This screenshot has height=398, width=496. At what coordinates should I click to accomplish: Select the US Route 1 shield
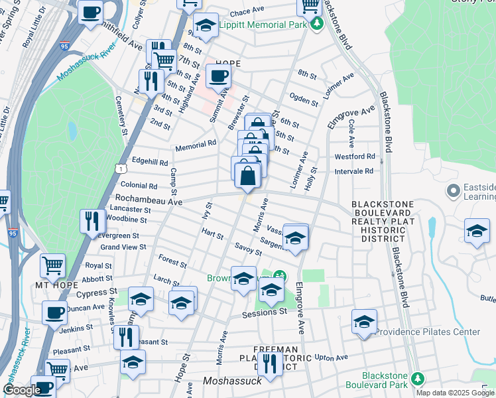point(119,169)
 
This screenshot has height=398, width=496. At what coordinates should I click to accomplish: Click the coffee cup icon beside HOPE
point(218,77)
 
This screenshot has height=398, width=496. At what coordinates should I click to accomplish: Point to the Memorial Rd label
point(196,143)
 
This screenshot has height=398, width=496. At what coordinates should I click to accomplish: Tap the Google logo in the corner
point(22,390)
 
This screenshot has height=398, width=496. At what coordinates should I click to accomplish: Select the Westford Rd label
point(355,157)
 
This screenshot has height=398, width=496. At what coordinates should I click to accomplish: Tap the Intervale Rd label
point(355,170)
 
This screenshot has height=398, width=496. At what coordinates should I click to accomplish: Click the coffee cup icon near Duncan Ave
point(54,312)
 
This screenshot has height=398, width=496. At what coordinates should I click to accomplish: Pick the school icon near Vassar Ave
point(295,237)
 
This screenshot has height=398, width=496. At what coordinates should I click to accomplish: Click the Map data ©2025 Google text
point(455,393)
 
